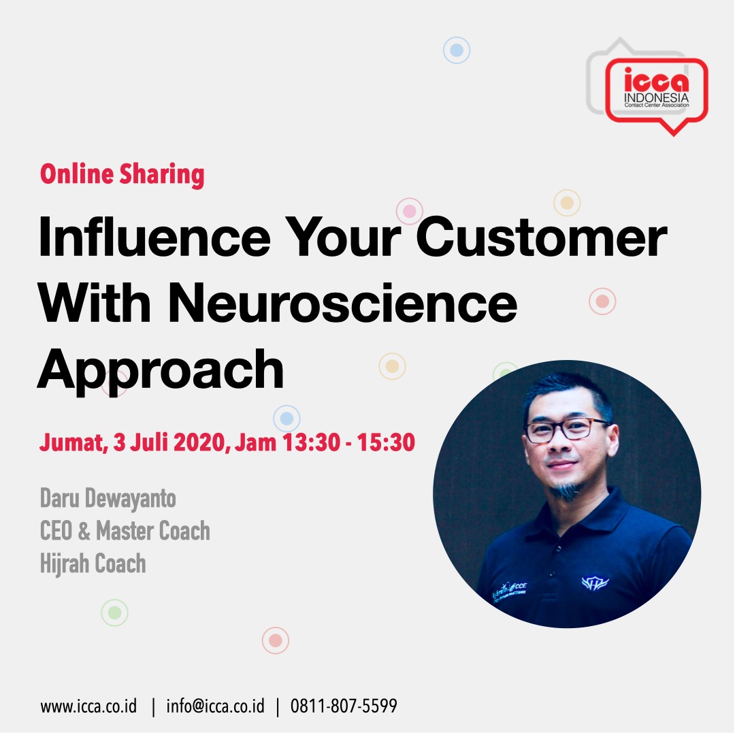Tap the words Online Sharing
[122, 174]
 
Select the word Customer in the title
[541, 238]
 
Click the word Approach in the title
[160, 369]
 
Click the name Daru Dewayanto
[108, 498]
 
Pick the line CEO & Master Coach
[125, 531]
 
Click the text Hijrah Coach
[93, 563]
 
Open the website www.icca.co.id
[88, 706]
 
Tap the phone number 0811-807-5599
[344, 706]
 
